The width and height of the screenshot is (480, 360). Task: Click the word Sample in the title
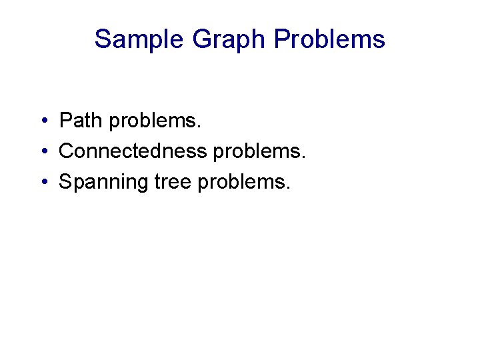coord(139,39)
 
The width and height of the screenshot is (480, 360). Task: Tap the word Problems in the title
coord(329,39)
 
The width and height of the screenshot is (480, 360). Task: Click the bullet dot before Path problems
coord(42,121)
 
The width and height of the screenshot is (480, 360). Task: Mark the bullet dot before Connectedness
coord(42,152)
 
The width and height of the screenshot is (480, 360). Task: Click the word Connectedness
coord(133,151)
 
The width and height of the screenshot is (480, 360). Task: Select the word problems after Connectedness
coord(257,153)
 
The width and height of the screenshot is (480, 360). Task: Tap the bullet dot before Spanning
coord(42,183)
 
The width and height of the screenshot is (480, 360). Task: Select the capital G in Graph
coord(201,39)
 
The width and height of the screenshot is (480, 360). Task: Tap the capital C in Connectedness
coord(67,151)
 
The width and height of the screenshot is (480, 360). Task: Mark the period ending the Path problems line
coord(199,127)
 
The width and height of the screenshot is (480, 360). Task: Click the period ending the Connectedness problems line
coord(304,158)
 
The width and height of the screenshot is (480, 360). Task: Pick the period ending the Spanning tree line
coord(289,189)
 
